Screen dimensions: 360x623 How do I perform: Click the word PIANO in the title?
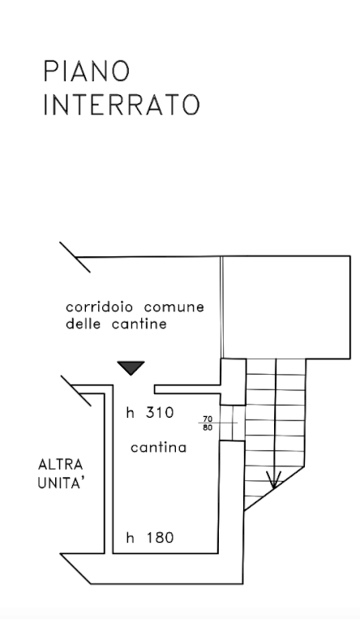tap(87, 71)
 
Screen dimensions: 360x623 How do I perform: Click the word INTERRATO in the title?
tap(121, 105)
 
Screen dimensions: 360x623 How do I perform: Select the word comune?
tap(174, 307)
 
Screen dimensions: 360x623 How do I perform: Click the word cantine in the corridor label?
tap(139, 324)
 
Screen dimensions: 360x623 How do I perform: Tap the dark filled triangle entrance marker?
tap(131, 368)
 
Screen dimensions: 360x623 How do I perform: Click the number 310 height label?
tap(160, 413)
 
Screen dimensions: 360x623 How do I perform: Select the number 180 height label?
tap(160, 538)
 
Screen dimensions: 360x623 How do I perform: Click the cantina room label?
tap(159, 448)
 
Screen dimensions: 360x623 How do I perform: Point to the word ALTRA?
tap(60, 464)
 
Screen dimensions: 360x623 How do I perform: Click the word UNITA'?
tap(62, 483)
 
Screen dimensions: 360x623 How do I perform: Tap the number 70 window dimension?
tap(208, 419)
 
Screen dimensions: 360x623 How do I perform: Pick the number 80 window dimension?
tap(208, 428)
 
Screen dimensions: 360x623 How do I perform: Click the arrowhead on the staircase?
tap(273, 480)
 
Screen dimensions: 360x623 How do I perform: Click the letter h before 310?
tap(130, 413)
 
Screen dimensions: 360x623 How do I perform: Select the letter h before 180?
tap(130, 538)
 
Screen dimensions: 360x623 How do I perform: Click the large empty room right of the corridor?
tap(286, 307)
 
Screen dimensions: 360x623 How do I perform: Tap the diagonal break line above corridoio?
tap(75, 257)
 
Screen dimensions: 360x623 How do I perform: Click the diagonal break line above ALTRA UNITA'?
tap(76, 391)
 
